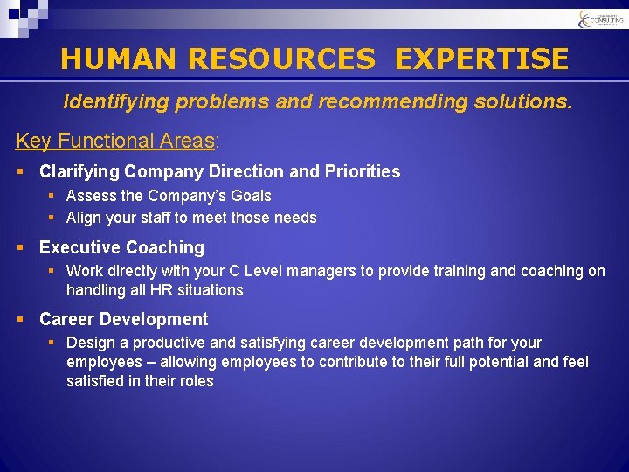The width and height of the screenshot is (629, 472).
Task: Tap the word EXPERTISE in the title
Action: (481, 59)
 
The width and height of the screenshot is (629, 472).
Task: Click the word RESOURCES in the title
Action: (280, 59)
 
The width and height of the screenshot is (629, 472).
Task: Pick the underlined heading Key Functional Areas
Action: (115, 141)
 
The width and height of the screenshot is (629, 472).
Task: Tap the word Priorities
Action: (361, 171)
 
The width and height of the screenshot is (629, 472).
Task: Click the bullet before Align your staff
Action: (52, 218)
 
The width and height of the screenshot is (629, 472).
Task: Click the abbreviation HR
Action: (160, 289)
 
